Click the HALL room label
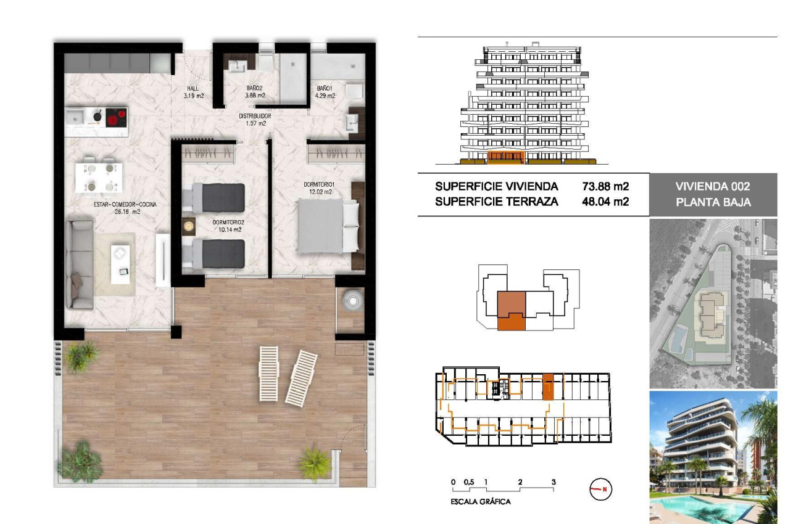tap(194, 92)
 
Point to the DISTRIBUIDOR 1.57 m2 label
tap(255, 120)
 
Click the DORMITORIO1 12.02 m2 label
tap(318, 187)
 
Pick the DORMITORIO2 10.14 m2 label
tap(226, 226)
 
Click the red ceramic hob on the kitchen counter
tap(115, 117)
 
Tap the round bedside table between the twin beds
tap(189, 227)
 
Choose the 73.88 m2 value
tap(605, 186)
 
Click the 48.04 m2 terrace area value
tap(605, 201)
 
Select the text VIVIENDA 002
tap(713, 187)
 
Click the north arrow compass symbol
tap(600, 489)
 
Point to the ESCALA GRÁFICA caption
tap(481, 502)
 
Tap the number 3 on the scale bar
tap(553, 482)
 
